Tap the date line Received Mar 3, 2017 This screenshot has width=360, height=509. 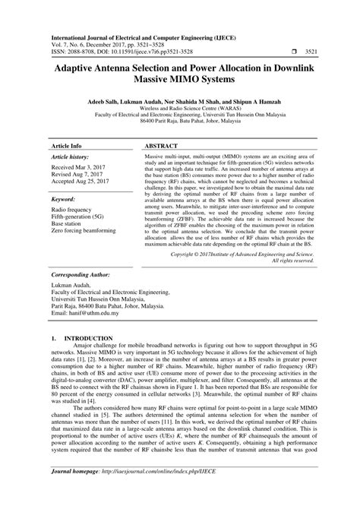coord(77,166)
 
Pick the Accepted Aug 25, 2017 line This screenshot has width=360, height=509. coord(80,182)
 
